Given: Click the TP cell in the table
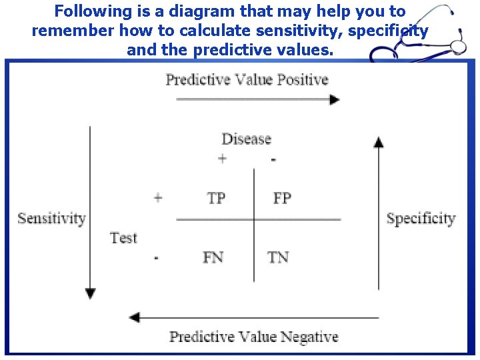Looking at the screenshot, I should tap(216, 198).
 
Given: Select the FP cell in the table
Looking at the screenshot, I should tap(282, 198).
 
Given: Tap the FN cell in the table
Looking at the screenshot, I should tap(213, 257).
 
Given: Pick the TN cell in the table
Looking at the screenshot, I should tap(278, 257).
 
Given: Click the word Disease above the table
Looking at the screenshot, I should tap(247, 139).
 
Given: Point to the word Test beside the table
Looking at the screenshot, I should tap(123, 237).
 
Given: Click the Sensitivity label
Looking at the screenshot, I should tap(51, 218).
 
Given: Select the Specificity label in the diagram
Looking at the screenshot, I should tap(421, 218).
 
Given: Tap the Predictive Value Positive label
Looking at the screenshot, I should tap(247, 79).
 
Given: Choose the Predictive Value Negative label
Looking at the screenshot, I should tap(253, 336).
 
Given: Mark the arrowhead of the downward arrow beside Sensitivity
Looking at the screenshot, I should tap(91, 294).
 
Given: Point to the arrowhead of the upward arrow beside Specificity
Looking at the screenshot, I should tap(379, 141).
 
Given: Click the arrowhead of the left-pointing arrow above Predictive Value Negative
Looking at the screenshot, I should tap(134, 317).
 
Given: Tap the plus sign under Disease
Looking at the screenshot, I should tap(222, 159).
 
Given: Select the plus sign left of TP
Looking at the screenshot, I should tap(158, 198).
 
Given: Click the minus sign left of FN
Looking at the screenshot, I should tap(156, 257).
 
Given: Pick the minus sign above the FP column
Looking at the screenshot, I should tap(273, 159).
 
